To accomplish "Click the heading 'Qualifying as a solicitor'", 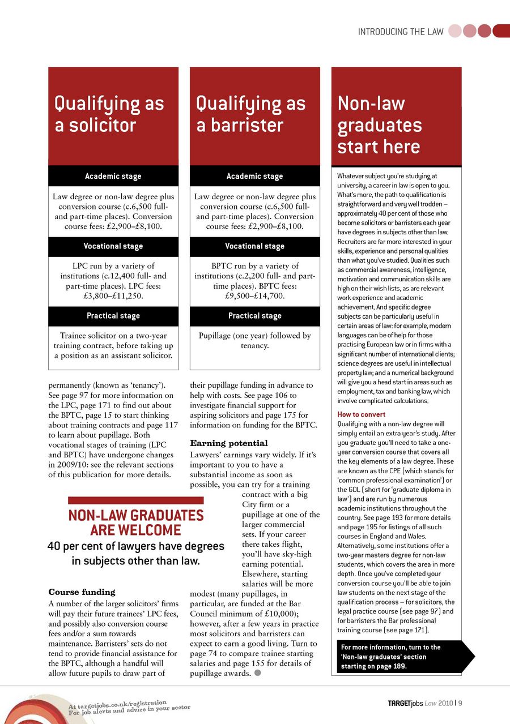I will pos(109,114).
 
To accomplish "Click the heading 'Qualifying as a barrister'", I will pos(251,114).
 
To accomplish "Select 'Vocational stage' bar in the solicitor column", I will pos(113,246).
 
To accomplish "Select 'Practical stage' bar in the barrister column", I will pos(255,316).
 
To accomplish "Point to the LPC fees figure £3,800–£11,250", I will pos(113,295).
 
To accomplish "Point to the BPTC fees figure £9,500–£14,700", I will pos(255,295).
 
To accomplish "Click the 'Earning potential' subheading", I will pos(229,443).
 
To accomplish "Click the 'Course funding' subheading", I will pos(82,592).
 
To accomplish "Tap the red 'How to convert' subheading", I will pos(362,414).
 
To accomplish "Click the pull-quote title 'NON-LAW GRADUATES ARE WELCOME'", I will pos(136,522).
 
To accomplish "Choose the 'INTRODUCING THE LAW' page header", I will pos(401,32).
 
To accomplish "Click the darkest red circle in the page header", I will pos(501,31).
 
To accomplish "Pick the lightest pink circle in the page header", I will pos(455,31).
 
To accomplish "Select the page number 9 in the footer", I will pos(461,704).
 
